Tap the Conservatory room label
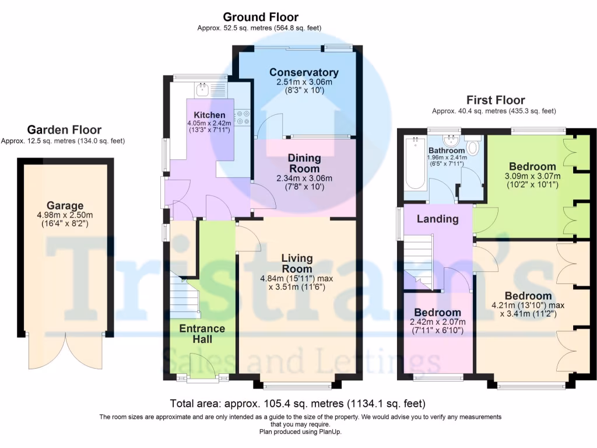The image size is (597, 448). pyautogui.click(x=304, y=72)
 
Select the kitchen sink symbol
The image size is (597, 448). pyautogui.click(x=203, y=90)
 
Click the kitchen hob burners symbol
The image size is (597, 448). pyautogui.click(x=243, y=117)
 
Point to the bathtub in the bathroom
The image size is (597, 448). pyautogui.click(x=415, y=164)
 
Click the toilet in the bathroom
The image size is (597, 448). pyautogui.click(x=473, y=147)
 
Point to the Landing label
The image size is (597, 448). pyautogui.click(x=437, y=219)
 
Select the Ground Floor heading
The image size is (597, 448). pyautogui.click(x=260, y=17)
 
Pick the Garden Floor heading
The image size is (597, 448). pyautogui.click(x=64, y=130)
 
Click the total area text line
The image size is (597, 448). pyautogui.click(x=297, y=403)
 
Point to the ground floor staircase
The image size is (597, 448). pyautogui.click(x=185, y=297)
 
